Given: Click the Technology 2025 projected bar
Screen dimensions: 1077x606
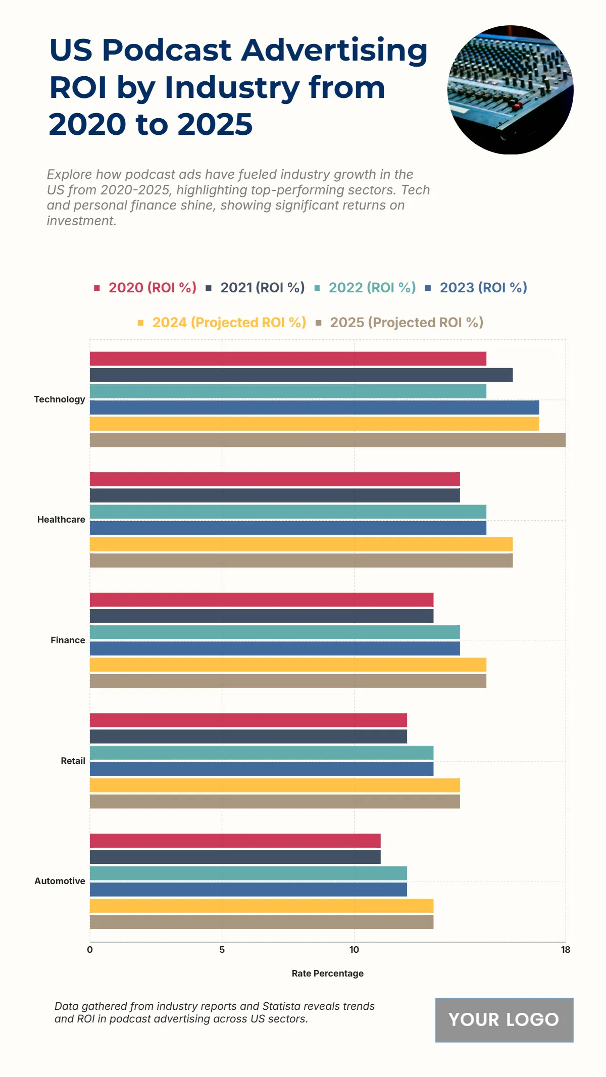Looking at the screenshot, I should (x=327, y=440).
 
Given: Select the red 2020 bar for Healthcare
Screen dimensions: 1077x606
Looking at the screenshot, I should (x=275, y=479).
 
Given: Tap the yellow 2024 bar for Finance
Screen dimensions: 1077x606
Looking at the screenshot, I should (x=288, y=664).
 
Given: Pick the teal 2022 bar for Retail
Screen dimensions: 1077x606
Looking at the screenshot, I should (x=262, y=753).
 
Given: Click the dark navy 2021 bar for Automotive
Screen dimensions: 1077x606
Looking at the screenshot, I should (x=235, y=857).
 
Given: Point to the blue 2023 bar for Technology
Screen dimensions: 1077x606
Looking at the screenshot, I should (x=314, y=407).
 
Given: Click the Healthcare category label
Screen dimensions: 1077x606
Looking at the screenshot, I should (x=61, y=520).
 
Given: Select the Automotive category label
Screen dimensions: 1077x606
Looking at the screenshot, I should (x=60, y=881).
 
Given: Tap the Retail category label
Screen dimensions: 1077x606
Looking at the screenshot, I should (x=73, y=761).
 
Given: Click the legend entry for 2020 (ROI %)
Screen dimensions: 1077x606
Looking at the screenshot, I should (x=152, y=288).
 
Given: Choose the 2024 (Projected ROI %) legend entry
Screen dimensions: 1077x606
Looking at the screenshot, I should (x=229, y=323).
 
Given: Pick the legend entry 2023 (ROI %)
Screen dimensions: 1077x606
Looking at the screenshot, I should (x=483, y=288).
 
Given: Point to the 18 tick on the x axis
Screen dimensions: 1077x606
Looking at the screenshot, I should (x=566, y=950).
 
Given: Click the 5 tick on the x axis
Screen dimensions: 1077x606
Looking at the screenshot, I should (x=222, y=950).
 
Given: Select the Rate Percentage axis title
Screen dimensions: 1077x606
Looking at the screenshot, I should (x=327, y=973).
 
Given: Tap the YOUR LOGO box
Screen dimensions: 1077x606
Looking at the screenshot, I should (x=504, y=1019).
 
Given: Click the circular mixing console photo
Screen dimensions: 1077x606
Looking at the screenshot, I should (x=510, y=90).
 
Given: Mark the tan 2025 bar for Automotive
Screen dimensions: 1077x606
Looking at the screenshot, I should (x=262, y=922).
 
